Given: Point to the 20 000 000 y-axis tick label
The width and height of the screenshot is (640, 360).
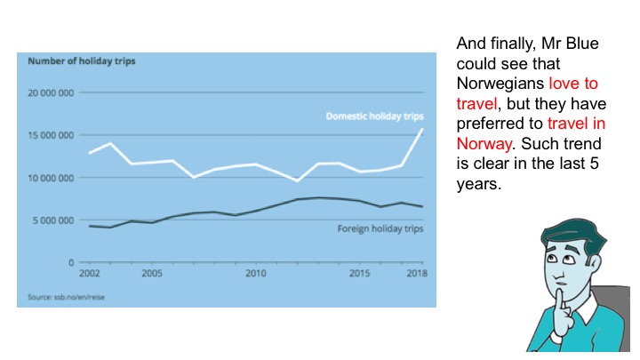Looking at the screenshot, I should coord(52,92).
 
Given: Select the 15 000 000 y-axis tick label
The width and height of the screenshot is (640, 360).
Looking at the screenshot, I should coord(52,135).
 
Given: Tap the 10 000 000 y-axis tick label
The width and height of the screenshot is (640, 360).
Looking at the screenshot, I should coord(52,178).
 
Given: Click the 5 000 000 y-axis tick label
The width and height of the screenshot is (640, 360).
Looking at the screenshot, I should coord(54,220).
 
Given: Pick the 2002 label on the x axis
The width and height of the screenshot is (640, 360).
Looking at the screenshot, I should coord(89,273).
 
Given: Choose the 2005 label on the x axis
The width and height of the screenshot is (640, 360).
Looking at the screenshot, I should coord(151,273).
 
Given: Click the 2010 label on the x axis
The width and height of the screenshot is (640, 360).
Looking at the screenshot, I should coord(256,273).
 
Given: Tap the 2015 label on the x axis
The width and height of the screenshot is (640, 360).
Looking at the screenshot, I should coord(360,273).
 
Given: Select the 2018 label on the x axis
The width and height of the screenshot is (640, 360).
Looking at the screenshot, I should coord(416,273).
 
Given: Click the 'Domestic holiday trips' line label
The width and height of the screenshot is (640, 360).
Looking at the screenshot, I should coord(374,116).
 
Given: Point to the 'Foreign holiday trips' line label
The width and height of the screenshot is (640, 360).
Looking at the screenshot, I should coord(380,228).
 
